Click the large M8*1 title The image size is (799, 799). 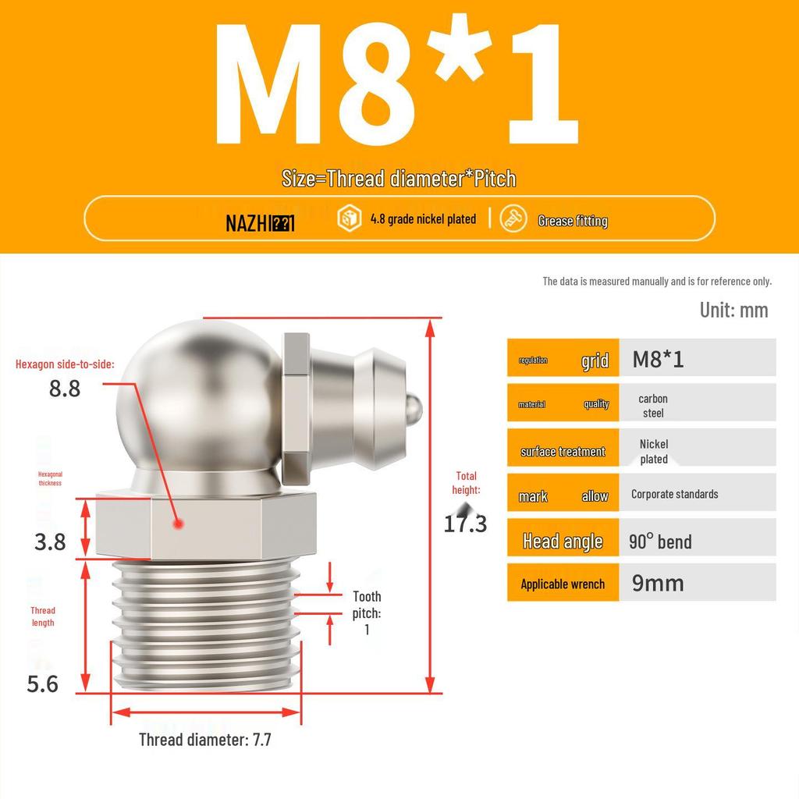398,86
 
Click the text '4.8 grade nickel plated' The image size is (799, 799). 423,219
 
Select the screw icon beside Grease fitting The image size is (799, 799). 513,219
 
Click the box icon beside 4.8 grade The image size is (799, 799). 349,219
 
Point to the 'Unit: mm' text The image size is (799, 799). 733,310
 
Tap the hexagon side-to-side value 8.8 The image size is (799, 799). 65,388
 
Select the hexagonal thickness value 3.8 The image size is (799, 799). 50,542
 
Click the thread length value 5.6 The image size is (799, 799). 43,684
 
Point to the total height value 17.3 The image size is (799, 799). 465,524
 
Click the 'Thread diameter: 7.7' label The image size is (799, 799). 205,739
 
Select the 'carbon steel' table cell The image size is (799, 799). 653,405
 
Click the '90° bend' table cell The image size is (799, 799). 660,542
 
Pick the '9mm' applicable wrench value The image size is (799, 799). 658,583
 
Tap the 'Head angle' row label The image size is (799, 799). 563,542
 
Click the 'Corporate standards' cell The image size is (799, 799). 674,494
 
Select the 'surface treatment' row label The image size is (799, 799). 563,452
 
